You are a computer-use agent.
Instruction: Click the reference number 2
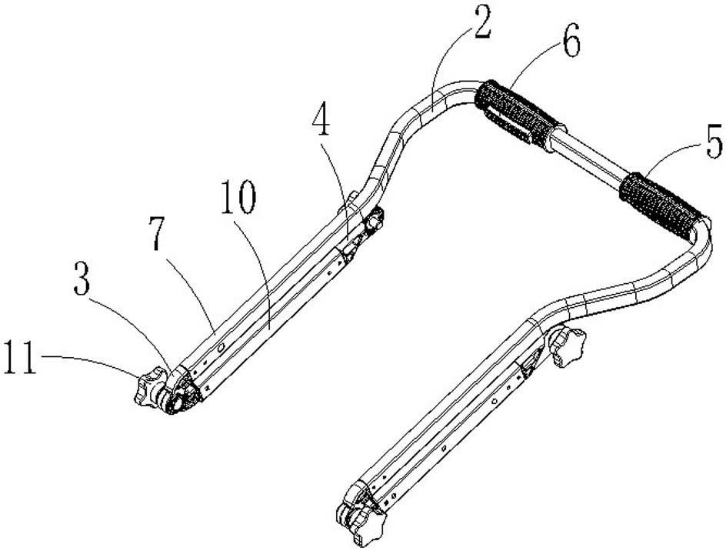click(481, 28)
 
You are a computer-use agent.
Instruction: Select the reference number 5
click(712, 143)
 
